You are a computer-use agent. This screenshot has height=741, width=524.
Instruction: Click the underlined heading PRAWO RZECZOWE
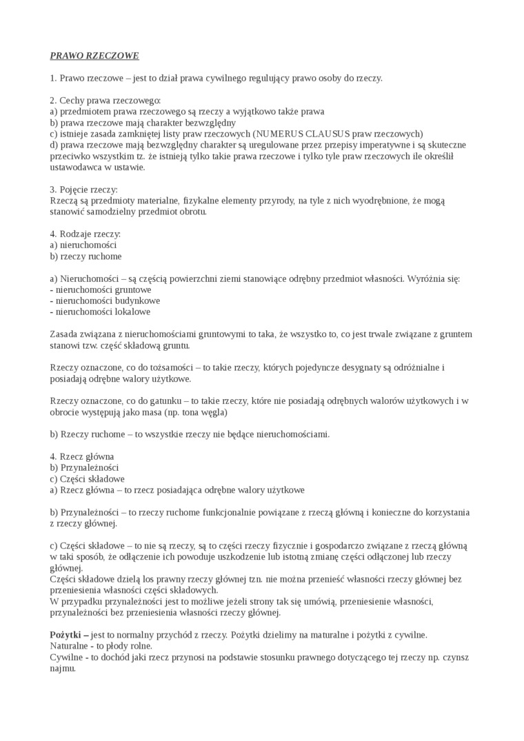[x=94, y=55]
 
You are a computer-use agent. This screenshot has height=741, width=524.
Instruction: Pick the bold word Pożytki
[x=67, y=634]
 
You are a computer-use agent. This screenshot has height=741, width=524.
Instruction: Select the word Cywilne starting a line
[x=67, y=657]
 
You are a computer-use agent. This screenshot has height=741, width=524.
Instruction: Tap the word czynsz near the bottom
[x=454, y=657]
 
